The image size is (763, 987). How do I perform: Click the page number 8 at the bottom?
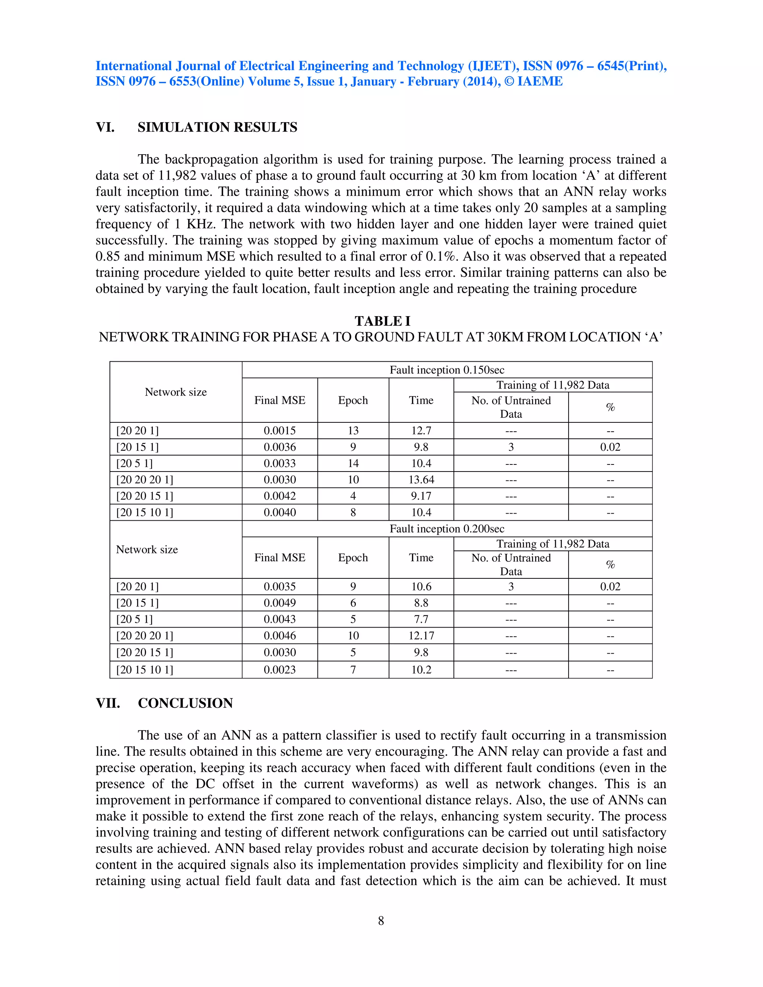(x=381, y=921)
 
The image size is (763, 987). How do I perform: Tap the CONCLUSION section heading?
(x=185, y=703)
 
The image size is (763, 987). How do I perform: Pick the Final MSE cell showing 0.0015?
(x=279, y=431)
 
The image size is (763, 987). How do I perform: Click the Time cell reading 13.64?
(x=421, y=480)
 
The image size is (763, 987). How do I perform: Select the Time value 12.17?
(x=421, y=636)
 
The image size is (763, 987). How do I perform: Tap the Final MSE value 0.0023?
(x=279, y=670)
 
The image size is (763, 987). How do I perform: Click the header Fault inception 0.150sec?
(x=447, y=370)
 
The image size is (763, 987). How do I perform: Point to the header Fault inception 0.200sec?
(x=447, y=529)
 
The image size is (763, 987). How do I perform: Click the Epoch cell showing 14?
(x=353, y=464)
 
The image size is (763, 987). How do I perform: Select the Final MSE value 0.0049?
(x=279, y=603)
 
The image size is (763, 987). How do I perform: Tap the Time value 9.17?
(x=421, y=496)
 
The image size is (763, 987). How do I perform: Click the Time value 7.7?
(x=421, y=620)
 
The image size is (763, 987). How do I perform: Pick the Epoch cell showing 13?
(x=353, y=431)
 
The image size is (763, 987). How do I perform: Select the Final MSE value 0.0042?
(x=279, y=496)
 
